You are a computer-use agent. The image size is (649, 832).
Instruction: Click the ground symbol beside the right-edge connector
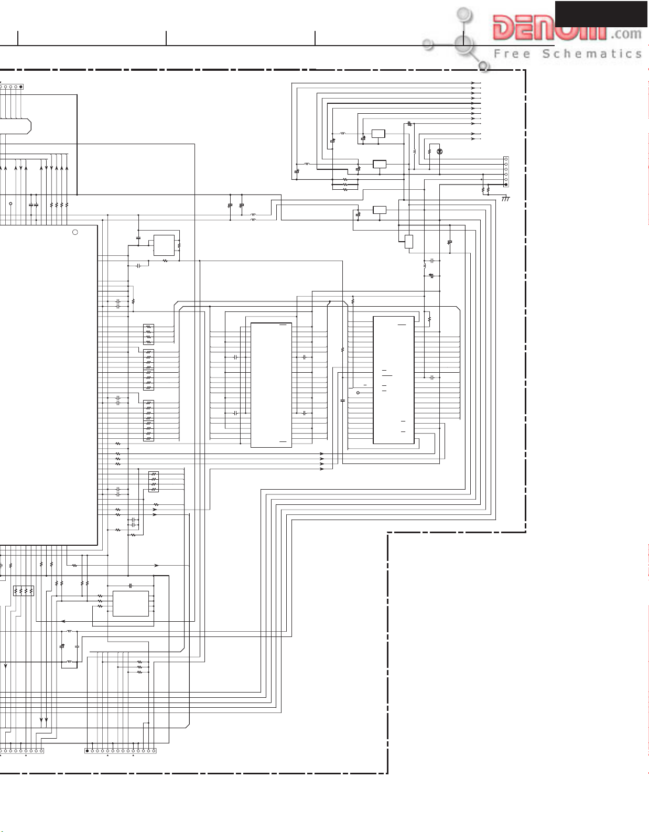tap(506, 199)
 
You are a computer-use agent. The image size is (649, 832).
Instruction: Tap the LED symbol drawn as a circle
tap(440, 152)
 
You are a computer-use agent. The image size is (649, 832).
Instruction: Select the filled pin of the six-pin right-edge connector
tap(505, 185)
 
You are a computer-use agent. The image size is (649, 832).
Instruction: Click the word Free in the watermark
tap(512, 54)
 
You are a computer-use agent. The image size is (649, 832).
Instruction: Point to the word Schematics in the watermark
tap(592, 54)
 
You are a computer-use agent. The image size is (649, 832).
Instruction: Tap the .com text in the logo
tap(626, 35)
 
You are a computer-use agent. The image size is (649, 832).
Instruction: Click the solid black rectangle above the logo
tap(601, 14)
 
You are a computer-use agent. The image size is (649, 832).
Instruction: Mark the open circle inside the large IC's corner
tap(75, 232)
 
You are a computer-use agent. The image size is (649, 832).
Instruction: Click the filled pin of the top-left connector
tap(20, 87)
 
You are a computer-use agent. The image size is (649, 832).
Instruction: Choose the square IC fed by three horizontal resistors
tap(131, 603)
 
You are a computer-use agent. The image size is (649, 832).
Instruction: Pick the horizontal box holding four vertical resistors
tap(24, 591)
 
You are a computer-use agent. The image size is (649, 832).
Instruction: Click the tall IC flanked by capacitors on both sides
tap(271, 385)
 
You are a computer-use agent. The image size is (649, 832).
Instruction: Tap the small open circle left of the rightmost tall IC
tap(358, 393)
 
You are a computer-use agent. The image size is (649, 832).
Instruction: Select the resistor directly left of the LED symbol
tap(429, 152)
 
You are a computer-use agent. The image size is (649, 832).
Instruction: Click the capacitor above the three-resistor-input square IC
tap(131, 585)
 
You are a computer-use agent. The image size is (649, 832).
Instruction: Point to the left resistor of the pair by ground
tap(483, 188)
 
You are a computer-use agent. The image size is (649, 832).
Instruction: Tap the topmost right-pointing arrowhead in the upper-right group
tap(473, 83)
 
